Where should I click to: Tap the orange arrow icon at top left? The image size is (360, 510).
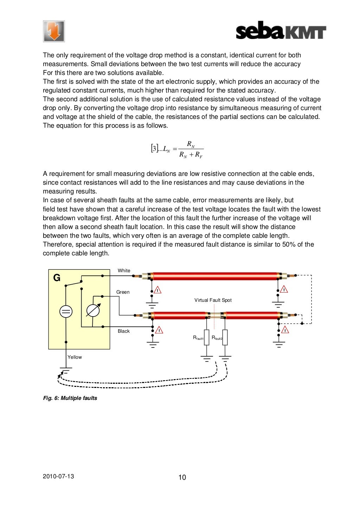pyautogui.click(x=54, y=31)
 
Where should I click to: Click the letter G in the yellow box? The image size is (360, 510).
pyautogui.click(x=57, y=278)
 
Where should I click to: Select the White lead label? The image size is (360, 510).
pyautogui.click(x=124, y=270)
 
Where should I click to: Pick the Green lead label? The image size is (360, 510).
pyautogui.click(x=123, y=292)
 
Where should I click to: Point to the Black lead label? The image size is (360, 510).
pyautogui.click(x=123, y=331)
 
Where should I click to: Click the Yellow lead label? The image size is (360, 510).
pyautogui.click(x=75, y=357)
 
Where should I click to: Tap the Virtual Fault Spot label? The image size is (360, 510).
pyautogui.click(x=213, y=300)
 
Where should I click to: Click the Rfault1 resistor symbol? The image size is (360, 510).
pyautogui.click(x=207, y=338)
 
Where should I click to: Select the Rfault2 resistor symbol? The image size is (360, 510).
pyautogui.click(x=225, y=338)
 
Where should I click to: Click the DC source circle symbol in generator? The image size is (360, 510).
pyautogui.click(x=66, y=311)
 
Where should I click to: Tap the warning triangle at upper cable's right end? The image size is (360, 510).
pyautogui.click(x=284, y=289)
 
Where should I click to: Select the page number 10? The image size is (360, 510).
pyautogui.click(x=182, y=477)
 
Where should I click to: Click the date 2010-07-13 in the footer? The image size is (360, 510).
pyautogui.click(x=58, y=476)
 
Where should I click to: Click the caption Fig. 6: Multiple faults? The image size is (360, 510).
pyautogui.click(x=70, y=398)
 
